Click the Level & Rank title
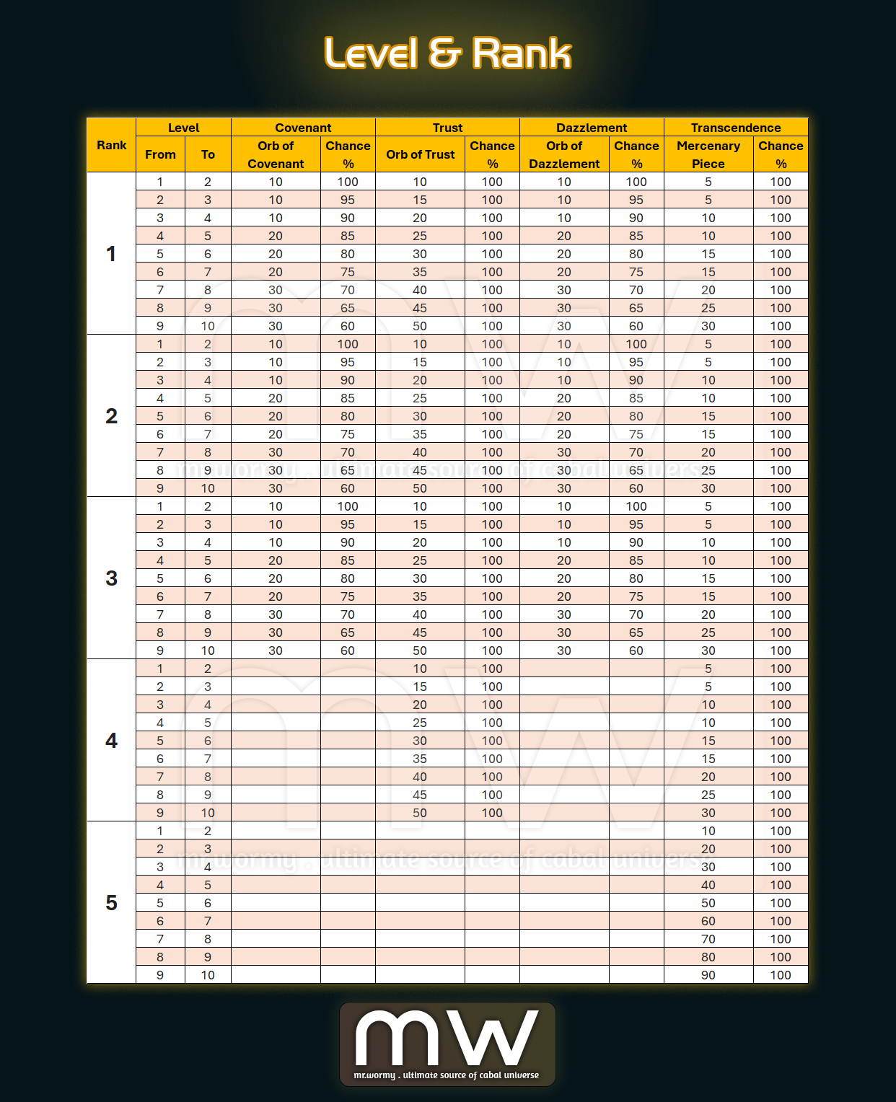point(447,54)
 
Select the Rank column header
point(111,145)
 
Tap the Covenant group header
point(303,128)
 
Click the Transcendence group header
point(736,128)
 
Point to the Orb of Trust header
point(420,154)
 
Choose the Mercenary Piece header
point(708,154)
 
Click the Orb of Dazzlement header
point(564,154)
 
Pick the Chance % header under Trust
point(492,154)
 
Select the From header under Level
point(160,154)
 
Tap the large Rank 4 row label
point(111,741)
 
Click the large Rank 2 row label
point(111,416)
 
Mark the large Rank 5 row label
point(111,903)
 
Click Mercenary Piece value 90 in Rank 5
point(708,975)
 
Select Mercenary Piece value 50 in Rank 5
point(708,903)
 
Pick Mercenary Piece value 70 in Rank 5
point(708,939)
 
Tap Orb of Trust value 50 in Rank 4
point(420,813)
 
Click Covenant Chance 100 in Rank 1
point(348,182)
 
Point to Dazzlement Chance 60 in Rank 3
point(636,651)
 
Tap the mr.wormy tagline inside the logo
point(447,1075)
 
